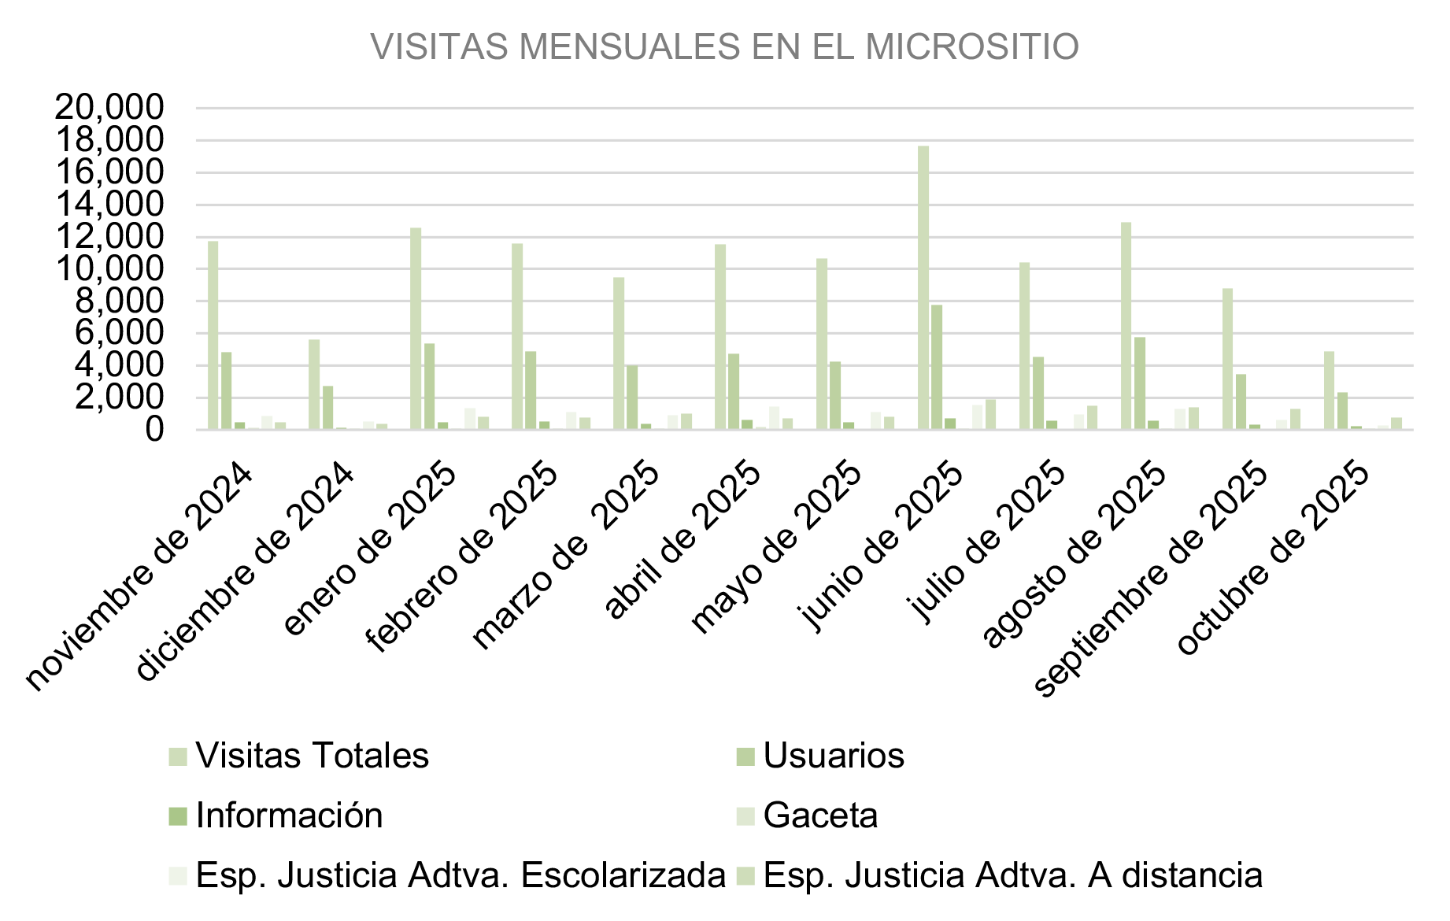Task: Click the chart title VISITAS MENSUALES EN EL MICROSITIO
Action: (724, 46)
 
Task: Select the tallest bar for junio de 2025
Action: (923, 287)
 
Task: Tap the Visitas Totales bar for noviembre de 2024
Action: (213, 335)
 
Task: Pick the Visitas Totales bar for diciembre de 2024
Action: (314, 384)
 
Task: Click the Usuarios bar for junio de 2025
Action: (936, 367)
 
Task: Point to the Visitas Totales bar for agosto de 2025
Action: (1126, 326)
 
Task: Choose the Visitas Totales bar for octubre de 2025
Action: (1329, 390)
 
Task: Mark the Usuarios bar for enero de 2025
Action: (429, 387)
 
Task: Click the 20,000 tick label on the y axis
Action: (109, 108)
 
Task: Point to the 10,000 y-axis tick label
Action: (109, 269)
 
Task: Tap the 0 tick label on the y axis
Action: (154, 430)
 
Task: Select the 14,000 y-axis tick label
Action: (109, 205)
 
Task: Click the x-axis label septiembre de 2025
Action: (1150, 583)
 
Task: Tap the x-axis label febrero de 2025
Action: (462, 558)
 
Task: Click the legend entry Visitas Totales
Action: (312, 756)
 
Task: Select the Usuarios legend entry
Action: (833, 756)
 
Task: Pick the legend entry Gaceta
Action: (820, 816)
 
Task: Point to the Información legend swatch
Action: (178, 816)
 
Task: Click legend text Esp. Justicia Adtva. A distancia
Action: (1012, 875)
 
